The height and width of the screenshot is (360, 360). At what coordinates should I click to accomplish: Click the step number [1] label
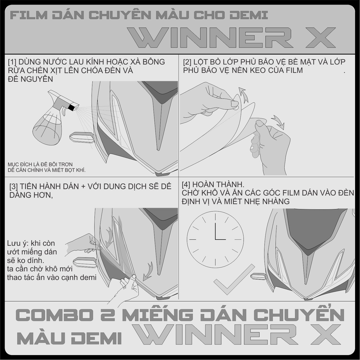(x=12, y=62)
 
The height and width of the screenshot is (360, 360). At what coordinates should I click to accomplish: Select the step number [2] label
(x=187, y=62)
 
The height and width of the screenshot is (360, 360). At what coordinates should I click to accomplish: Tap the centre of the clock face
(x=215, y=239)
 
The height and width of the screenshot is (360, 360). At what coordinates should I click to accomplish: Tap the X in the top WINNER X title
(x=321, y=37)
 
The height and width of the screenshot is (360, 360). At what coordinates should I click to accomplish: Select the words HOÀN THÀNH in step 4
(x=218, y=184)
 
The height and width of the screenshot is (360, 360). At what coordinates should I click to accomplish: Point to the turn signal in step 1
(x=82, y=137)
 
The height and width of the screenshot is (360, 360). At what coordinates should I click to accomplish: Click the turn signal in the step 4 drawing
(x=258, y=276)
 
